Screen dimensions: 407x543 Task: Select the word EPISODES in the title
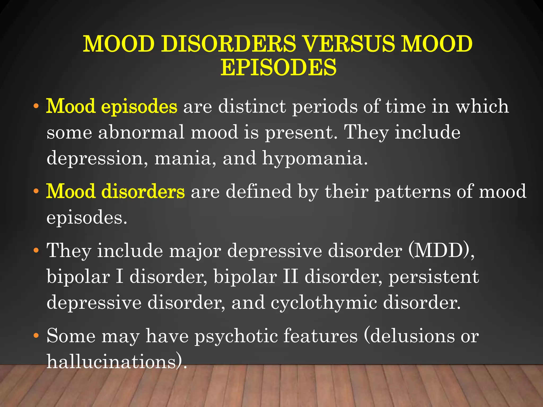pos(278,68)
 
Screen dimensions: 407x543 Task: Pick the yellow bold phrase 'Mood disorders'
pos(115,191)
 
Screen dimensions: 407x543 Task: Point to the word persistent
pos(434,277)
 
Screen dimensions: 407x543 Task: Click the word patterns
pos(412,191)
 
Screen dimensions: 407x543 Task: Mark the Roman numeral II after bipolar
pos(290,277)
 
